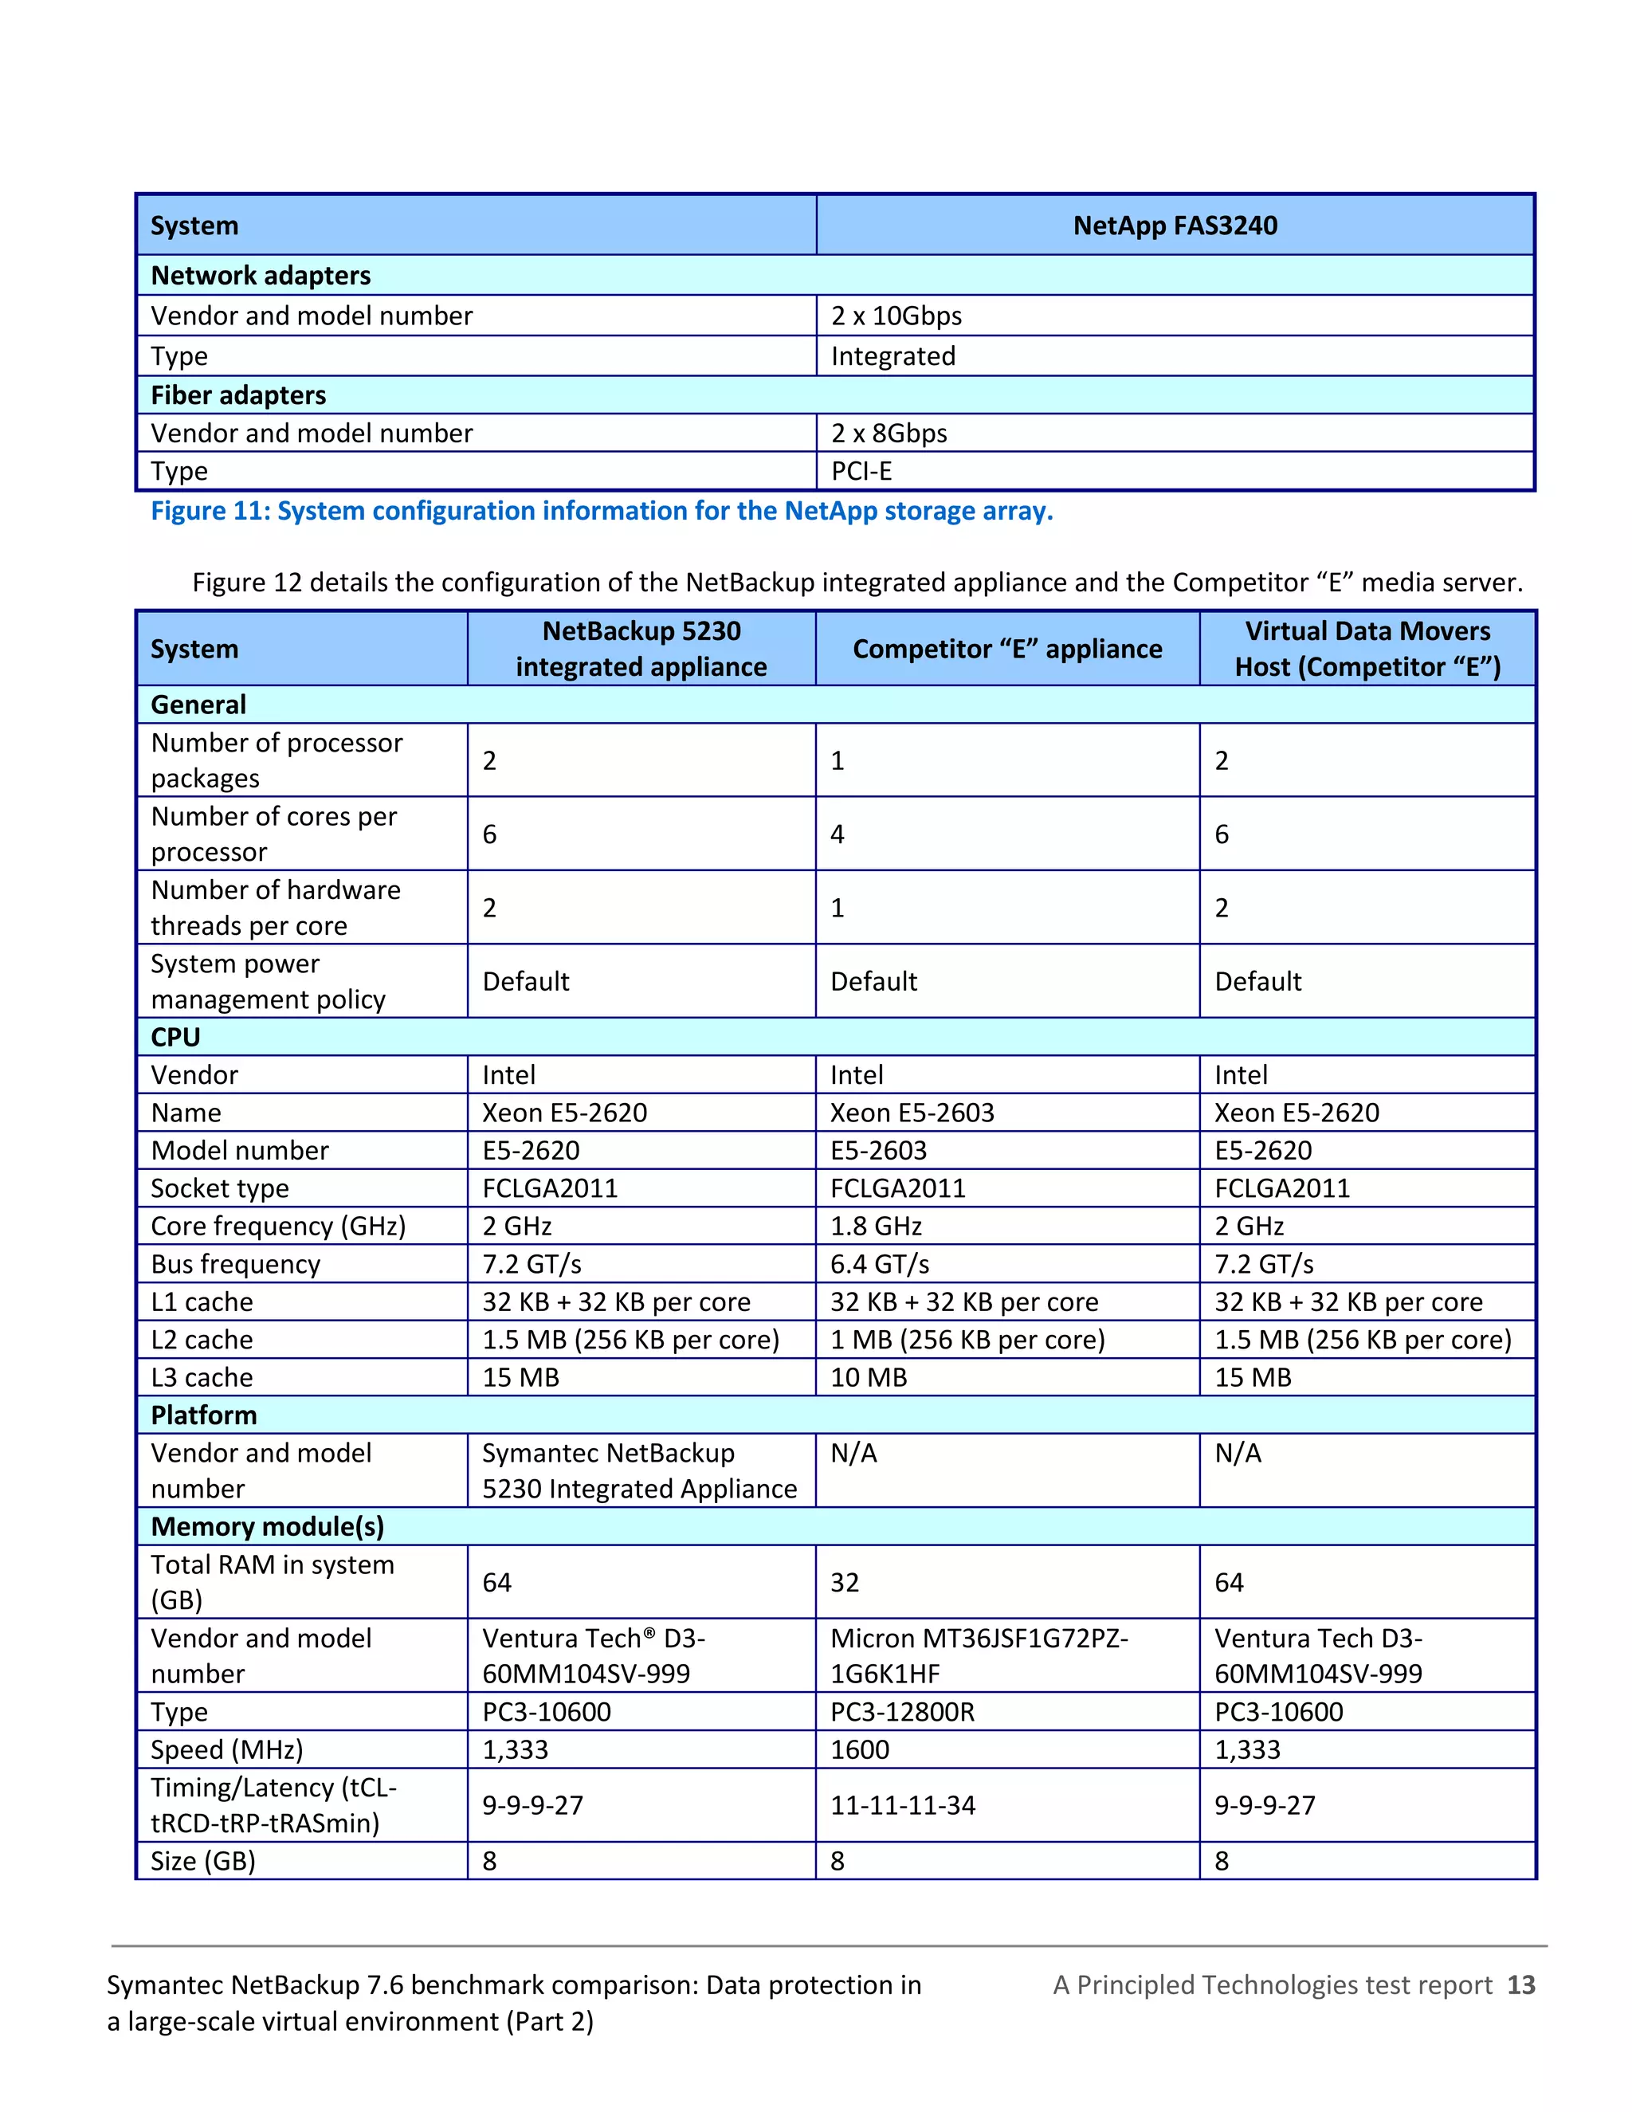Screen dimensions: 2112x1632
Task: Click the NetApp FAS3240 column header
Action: click(1174, 226)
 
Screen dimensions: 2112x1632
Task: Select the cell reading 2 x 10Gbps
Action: click(896, 316)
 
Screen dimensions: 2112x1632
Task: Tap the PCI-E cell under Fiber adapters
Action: click(861, 471)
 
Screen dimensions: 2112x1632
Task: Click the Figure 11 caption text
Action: click(602, 511)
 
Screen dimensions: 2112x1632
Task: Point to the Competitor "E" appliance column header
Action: click(1006, 649)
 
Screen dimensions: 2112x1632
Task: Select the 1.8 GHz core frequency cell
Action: click(876, 1227)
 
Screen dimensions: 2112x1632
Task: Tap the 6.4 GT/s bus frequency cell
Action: click(879, 1264)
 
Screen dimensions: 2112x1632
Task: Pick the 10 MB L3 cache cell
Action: click(869, 1377)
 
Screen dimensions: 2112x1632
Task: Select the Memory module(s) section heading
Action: click(268, 1526)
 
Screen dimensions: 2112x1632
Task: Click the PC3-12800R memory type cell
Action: click(902, 1712)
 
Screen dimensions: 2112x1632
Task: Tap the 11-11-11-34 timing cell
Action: click(902, 1805)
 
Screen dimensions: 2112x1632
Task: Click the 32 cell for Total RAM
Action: click(844, 1582)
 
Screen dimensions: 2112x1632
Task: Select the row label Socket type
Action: click(219, 1188)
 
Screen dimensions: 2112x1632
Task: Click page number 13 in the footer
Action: click(1520, 1985)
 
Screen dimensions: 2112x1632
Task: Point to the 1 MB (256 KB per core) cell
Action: click(967, 1340)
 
